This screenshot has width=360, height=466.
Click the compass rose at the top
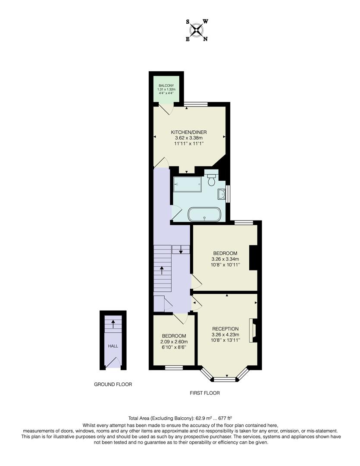click(x=197, y=30)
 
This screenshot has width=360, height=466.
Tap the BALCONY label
click(x=166, y=86)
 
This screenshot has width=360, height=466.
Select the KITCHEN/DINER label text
click(x=189, y=131)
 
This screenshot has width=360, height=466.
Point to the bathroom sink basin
click(x=222, y=195)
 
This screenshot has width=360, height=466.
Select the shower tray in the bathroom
click(x=187, y=185)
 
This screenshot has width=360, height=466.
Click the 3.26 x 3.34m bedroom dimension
click(x=225, y=259)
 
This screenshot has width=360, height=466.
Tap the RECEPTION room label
click(x=225, y=329)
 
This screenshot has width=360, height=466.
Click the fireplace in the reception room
click(x=253, y=331)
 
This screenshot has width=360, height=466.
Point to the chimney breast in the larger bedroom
click(x=254, y=258)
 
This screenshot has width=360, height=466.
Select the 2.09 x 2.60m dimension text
click(x=174, y=342)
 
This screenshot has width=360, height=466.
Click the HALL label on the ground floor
click(x=113, y=346)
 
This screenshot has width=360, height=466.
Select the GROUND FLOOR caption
click(x=113, y=384)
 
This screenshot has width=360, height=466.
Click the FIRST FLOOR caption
click(x=205, y=393)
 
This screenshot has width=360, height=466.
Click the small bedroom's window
click(x=173, y=368)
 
